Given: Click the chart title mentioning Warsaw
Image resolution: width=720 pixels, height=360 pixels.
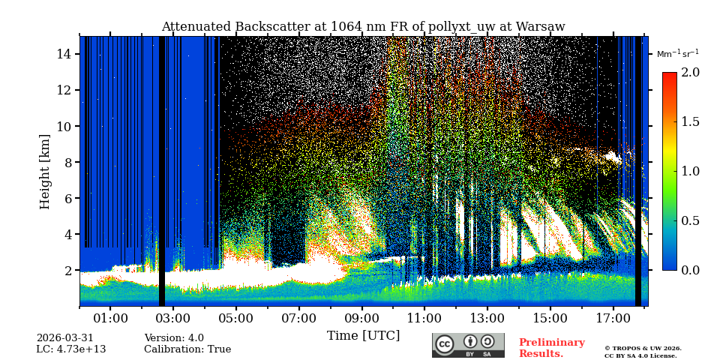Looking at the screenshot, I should [x=363, y=27].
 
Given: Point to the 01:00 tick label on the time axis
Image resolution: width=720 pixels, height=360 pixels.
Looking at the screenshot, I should [x=110, y=319].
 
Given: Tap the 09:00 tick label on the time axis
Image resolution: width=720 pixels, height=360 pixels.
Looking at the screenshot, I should [x=361, y=319].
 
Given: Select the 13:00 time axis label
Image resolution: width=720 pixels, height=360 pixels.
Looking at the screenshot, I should [x=487, y=319].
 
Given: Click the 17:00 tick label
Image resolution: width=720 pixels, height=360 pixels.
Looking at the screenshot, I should [x=613, y=319].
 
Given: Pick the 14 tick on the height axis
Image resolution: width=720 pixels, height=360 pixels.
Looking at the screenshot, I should [x=64, y=54].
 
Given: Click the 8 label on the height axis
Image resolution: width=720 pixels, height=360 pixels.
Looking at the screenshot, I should [x=67, y=162].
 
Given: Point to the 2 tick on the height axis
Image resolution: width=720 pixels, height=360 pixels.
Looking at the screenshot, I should [x=67, y=270].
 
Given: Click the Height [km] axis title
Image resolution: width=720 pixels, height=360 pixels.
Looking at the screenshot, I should [x=46, y=171].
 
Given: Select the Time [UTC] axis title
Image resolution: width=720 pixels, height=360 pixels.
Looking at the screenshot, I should [x=363, y=336].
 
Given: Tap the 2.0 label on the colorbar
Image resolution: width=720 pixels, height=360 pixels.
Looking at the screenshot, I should [x=690, y=73].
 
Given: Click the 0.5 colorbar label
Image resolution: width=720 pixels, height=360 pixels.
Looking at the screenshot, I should [x=690, y=220].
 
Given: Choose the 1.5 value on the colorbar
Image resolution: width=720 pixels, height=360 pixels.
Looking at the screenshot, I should [x=690, y=122].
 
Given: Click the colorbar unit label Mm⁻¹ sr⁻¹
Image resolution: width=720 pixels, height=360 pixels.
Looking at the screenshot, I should [x=677, y=54].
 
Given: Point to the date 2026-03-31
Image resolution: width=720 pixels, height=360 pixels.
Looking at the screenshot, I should [x=65, y=338].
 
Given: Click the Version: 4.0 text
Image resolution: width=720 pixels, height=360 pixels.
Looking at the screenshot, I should [x=174, y=338].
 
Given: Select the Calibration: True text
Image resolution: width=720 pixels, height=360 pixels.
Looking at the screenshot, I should [x=187, y=349].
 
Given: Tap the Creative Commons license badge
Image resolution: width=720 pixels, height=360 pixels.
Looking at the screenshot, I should [x=468, y=345].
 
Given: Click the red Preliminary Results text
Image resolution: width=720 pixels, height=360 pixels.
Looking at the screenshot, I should [x=551, y=348].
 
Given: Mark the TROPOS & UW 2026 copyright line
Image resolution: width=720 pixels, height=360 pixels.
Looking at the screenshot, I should [x=643, y=349].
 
